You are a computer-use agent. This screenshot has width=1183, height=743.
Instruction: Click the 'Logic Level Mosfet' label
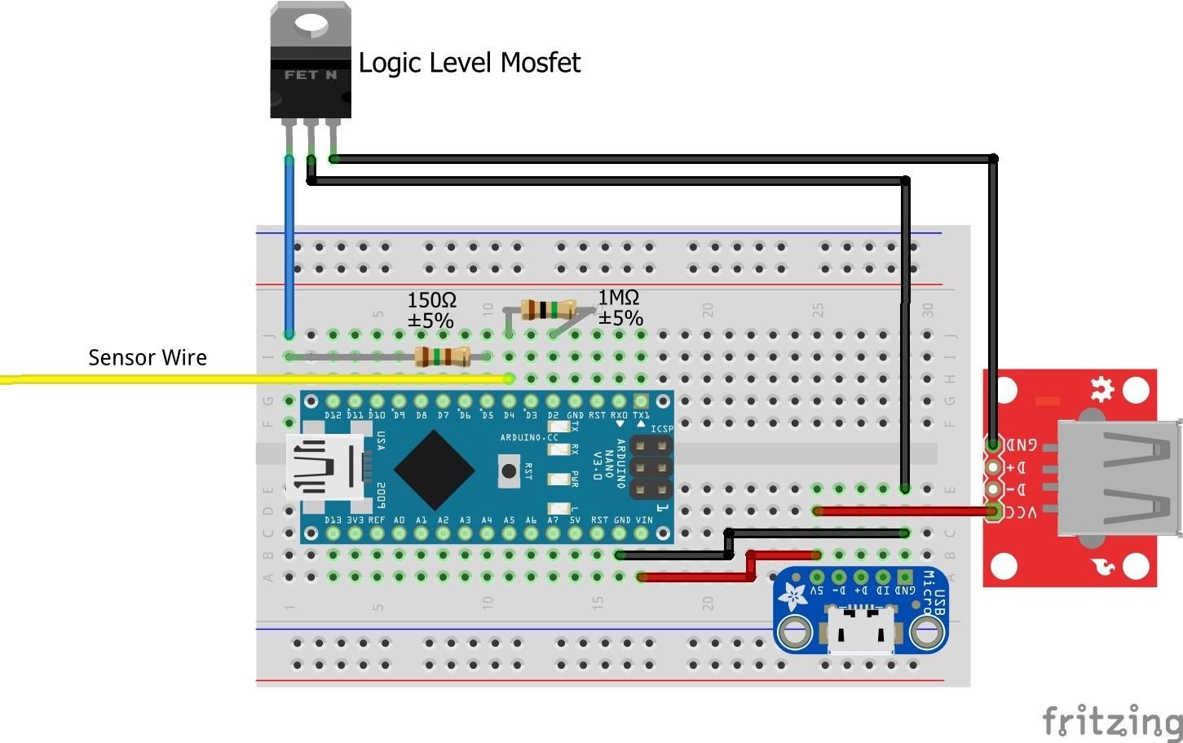[x=469, y=63]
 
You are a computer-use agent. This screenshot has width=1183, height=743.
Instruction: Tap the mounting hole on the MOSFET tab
[x=311, y=24]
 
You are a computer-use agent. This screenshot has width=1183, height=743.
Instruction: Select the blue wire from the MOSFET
[x=289, y=245]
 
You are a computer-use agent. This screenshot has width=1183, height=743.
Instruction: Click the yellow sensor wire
[x=245, y=378]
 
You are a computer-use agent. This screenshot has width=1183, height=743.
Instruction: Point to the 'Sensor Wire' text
[x=147, y=357]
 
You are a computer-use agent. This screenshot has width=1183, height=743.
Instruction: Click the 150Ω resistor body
[x=442, y=356]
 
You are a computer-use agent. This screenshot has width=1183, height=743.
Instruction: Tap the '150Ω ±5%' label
[x=431, y=311]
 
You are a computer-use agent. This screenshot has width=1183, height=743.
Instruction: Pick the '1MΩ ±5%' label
[x=620, y=307]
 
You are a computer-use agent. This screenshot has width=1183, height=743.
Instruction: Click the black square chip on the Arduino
[x=434, y=470]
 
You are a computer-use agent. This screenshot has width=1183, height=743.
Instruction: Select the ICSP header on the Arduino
[x=651, y=468]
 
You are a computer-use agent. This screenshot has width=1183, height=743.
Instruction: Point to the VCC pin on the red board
[x=993, y=511]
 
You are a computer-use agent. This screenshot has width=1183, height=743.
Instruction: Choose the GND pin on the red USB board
[x=993, y=444]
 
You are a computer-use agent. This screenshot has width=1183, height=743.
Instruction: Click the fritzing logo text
[x=1112, y=720]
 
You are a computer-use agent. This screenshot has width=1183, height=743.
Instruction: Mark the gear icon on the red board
[x=1102, y=389]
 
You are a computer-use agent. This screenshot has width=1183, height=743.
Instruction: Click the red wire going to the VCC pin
[x=905, y=511]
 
